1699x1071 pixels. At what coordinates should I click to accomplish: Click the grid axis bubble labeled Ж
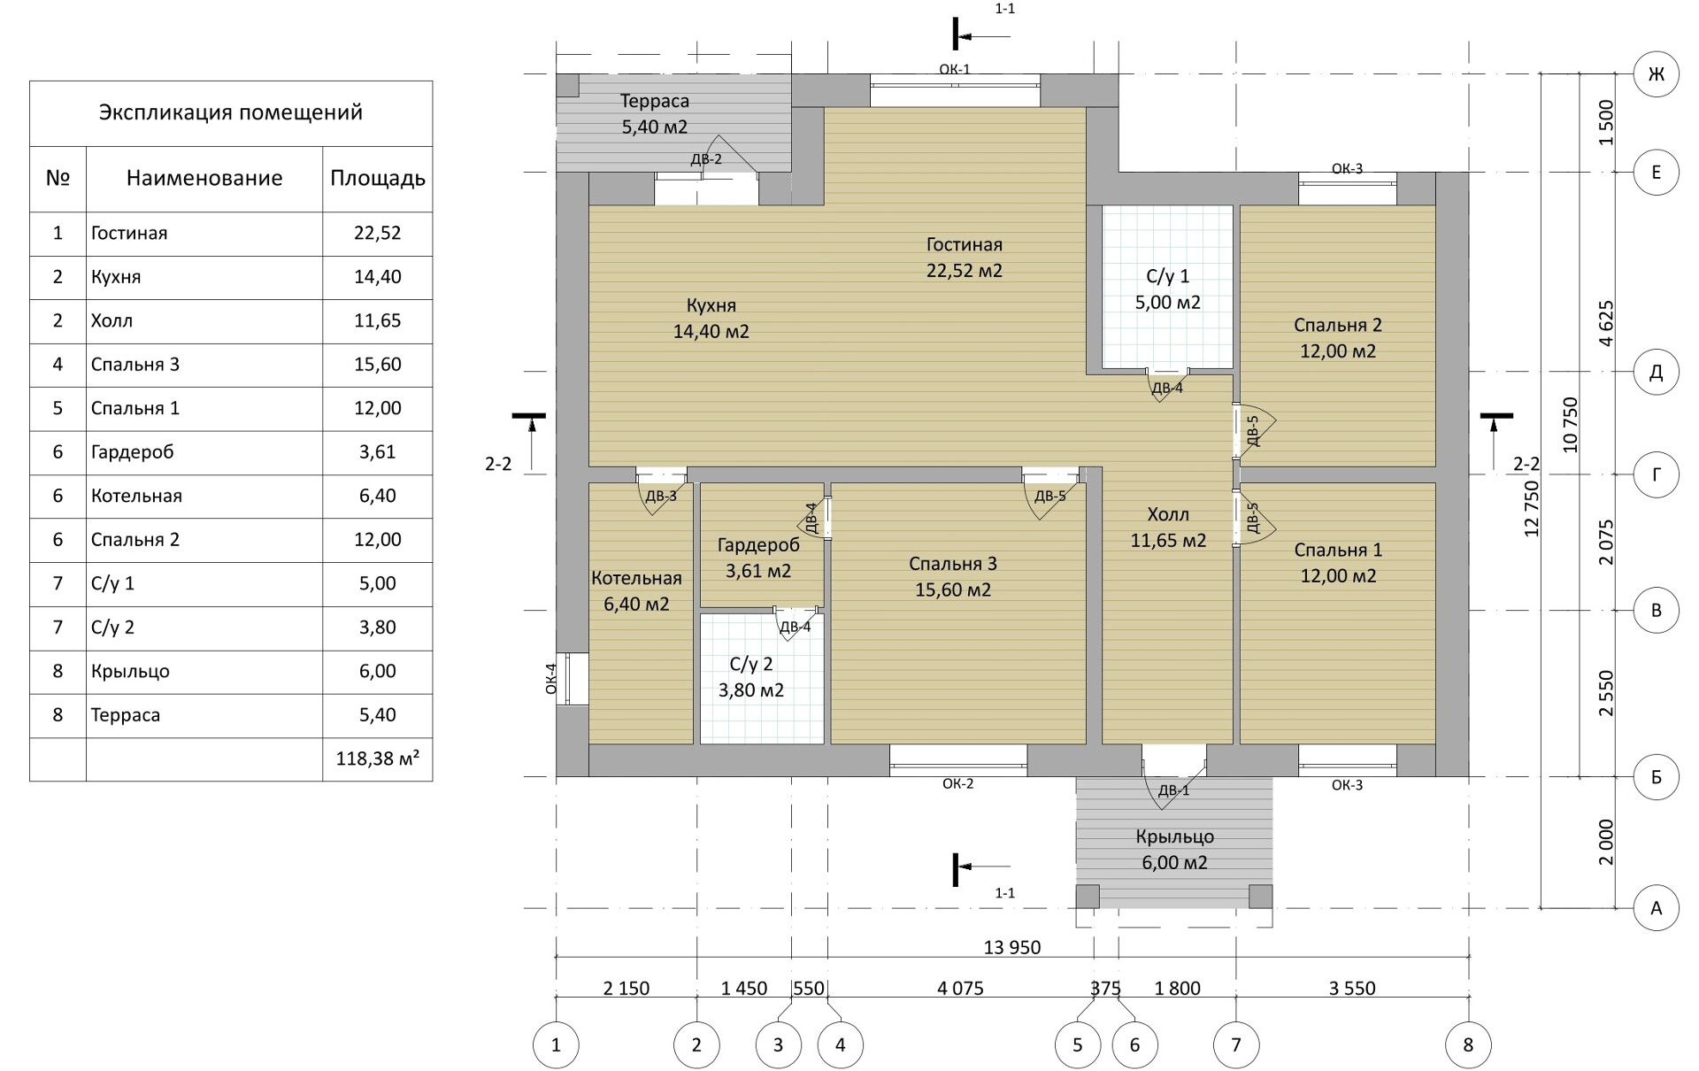1656,73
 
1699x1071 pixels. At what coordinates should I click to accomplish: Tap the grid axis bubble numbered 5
1078,1045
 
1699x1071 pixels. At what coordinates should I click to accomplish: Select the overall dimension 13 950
1012,947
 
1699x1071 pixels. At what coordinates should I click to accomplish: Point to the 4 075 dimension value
960,988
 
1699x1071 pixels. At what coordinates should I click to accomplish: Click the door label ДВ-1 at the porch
1174,790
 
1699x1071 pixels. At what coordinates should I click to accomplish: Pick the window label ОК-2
958,783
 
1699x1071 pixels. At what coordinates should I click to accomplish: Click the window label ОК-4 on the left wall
551,678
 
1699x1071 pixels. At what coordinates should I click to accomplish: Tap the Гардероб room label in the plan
758,545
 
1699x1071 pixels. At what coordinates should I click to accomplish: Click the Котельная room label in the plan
636,579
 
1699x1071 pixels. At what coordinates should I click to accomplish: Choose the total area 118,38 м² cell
378,759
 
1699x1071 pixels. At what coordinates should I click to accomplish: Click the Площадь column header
378,178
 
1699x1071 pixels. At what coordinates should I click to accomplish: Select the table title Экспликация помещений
231,112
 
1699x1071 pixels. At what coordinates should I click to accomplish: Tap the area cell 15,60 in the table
378,365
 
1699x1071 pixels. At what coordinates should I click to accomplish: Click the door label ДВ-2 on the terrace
706,159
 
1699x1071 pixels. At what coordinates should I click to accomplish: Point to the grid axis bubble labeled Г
1656,474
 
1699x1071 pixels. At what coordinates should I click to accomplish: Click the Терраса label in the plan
654,100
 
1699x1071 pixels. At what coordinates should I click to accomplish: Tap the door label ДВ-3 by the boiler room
661,496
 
